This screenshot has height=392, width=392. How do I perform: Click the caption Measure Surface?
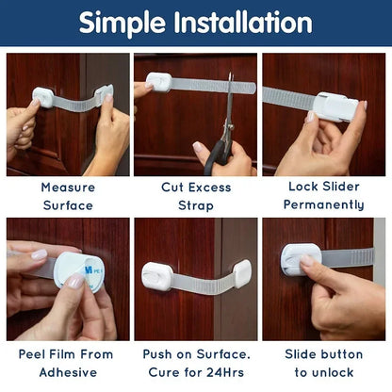point(67,196)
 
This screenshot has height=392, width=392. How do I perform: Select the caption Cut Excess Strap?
point(196,196)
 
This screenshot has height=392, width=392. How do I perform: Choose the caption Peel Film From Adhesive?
point(67,363)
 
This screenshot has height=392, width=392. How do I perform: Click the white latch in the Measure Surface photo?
point(42,97)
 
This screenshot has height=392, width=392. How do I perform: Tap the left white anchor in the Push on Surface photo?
point(156,276)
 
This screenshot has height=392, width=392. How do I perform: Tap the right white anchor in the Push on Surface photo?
point(241,272)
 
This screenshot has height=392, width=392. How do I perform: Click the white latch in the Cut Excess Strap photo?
point(158,82)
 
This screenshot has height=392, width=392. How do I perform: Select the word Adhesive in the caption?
point(67,372)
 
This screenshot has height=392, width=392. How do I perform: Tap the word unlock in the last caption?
point(337,372)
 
